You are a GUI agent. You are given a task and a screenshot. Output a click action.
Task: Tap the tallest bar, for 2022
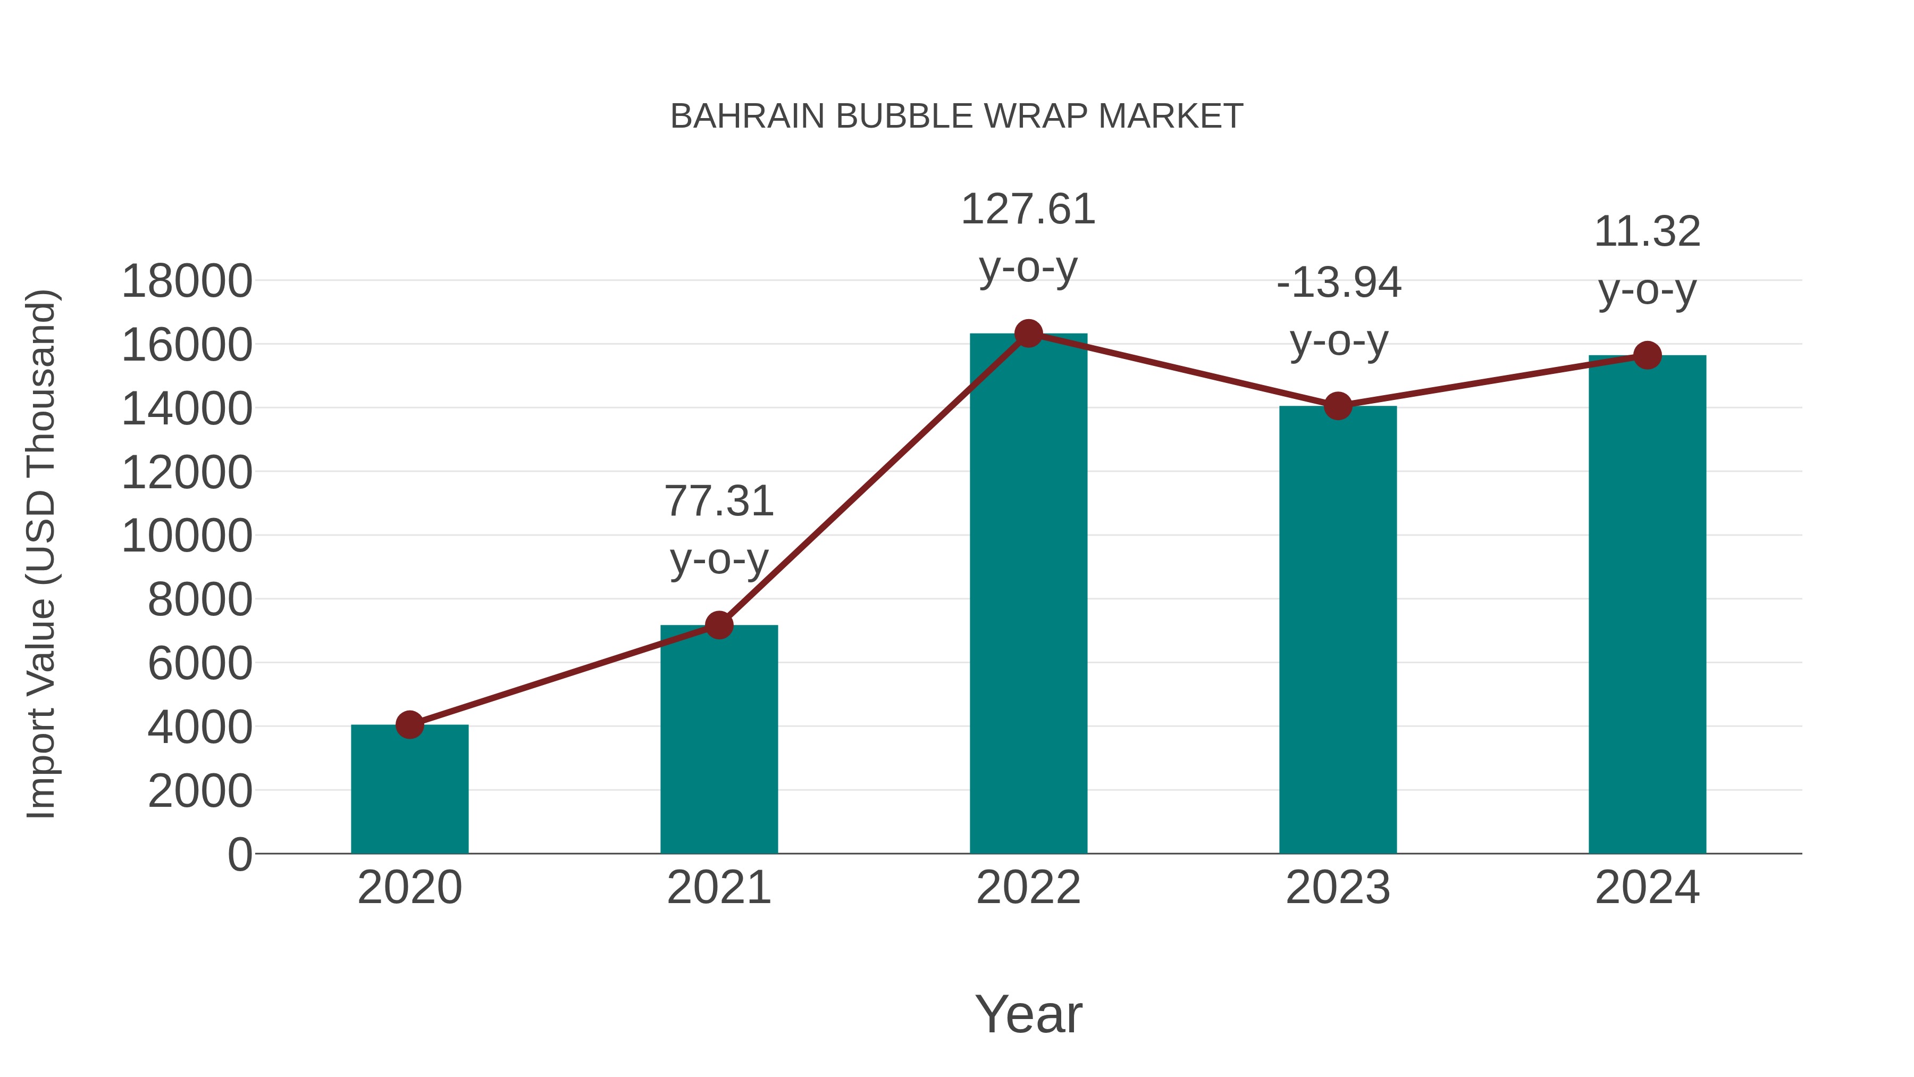pos(1028,595)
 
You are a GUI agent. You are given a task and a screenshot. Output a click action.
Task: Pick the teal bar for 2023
pos(1338,632)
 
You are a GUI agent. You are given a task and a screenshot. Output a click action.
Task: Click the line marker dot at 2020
pos(409,725)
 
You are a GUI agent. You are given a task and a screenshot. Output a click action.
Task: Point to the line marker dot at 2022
pos(1028,333)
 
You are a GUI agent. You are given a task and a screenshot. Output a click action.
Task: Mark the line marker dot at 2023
pos(1338,406)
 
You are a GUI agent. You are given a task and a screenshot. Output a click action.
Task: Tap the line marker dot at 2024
pos(1647,355)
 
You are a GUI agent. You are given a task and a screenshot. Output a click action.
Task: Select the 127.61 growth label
pos(1028,210)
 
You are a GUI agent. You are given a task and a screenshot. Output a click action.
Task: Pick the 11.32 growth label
pos(1647,232)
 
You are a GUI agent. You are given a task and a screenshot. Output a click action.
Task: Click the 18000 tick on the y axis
pos(187,282)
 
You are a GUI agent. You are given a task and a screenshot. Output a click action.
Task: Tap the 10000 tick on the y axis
pos(187,536)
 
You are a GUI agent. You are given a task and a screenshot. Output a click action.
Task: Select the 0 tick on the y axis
pos(239,854)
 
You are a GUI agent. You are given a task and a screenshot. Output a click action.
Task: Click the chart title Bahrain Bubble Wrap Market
pos(956,116)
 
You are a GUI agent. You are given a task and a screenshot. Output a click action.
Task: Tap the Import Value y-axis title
pos(41,554)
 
